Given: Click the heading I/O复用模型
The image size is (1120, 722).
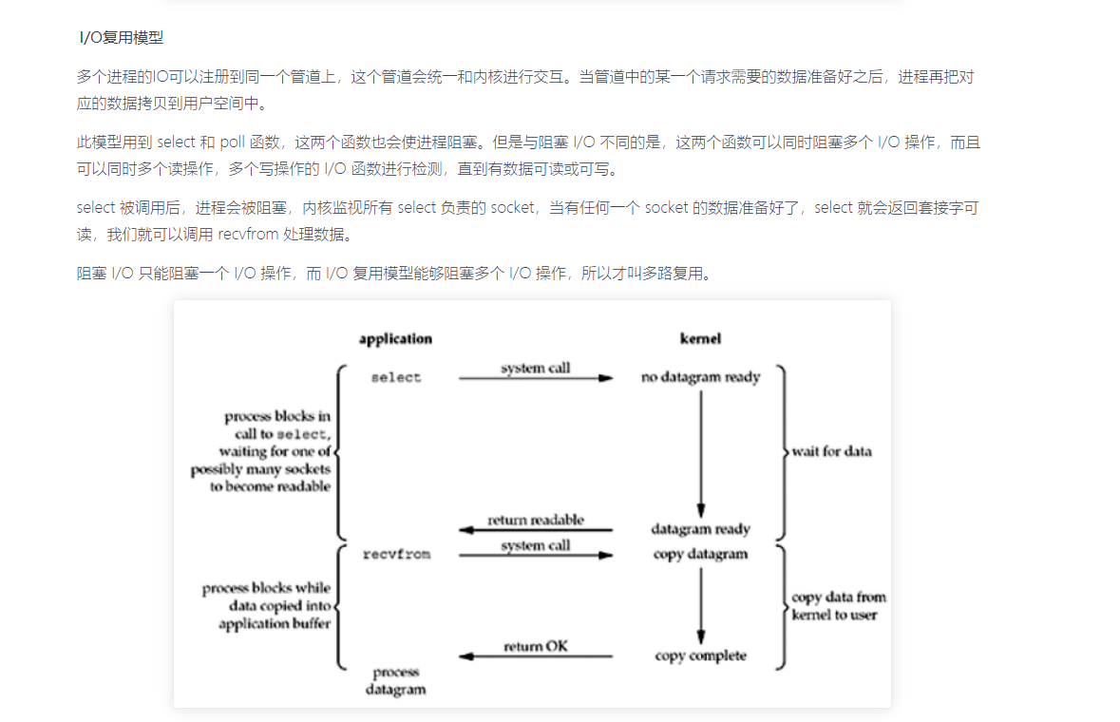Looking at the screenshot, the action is click(121, 39).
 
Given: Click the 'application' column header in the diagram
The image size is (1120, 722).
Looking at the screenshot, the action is click(395, 339).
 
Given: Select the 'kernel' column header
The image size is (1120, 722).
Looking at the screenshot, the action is click(700, 339).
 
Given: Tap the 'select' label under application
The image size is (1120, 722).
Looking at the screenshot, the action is click(395, 377).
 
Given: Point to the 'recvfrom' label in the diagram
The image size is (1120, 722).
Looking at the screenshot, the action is click(396, 554).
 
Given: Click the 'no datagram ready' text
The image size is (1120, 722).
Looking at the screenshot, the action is click(701, 377).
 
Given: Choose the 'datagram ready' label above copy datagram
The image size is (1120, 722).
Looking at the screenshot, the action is click(700, 529).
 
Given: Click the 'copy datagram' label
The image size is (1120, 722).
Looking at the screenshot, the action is click(700, 554).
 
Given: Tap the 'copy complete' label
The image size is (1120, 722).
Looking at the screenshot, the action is click(700, 656).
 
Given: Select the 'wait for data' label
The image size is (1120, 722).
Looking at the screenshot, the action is click(832, 451).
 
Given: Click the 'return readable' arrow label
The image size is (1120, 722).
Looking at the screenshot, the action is click(536, 521).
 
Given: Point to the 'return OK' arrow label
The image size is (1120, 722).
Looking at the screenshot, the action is click(536, 647).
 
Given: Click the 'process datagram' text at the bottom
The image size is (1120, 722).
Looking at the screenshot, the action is click(395, 681).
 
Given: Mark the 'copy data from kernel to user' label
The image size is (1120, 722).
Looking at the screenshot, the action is click(838, 606).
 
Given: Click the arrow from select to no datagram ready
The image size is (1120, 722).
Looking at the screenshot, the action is click(536, 378).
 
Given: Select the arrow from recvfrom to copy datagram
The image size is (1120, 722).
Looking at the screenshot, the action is click(536, 556).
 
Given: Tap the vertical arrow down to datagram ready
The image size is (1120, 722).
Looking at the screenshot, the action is click(701, 451).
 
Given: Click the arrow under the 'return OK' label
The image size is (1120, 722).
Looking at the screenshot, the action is click(536, 656).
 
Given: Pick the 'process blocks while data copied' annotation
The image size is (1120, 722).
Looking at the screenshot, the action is click(266, 606).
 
